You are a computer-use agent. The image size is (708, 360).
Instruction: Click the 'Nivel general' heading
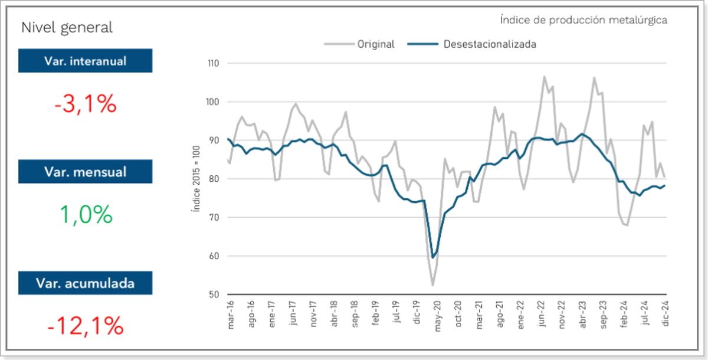pyautogui.click(x=67, y=27)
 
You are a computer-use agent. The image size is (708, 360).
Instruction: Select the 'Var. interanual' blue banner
pyautogui.click(x=85, y=60)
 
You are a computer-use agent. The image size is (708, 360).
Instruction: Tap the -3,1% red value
pyautogui.click(x=86, y=104)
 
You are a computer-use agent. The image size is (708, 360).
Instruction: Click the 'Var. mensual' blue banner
pyautogui.click(x=85, y=172)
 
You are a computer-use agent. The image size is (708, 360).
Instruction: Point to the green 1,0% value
pyautogui.click(x=86, y=214)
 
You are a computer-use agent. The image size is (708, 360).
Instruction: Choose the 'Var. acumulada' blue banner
pyautogui.click(x=85, y=283)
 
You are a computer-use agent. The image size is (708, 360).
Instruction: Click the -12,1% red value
pyautogui.click(x=86, y=326)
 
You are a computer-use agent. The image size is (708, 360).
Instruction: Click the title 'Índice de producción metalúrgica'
pyautogui.click(x=583, y=20)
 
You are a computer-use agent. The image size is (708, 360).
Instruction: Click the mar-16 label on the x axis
pyautogui.click(x=230, y=313)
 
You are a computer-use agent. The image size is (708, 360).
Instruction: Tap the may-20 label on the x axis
pyautogui.click(x=438, y=313)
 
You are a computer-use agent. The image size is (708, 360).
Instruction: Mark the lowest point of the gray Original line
pyautogui.click(x=432, y=286)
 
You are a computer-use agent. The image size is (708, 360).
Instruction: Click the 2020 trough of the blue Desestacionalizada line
pyautogui.click(x=433, y=257)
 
